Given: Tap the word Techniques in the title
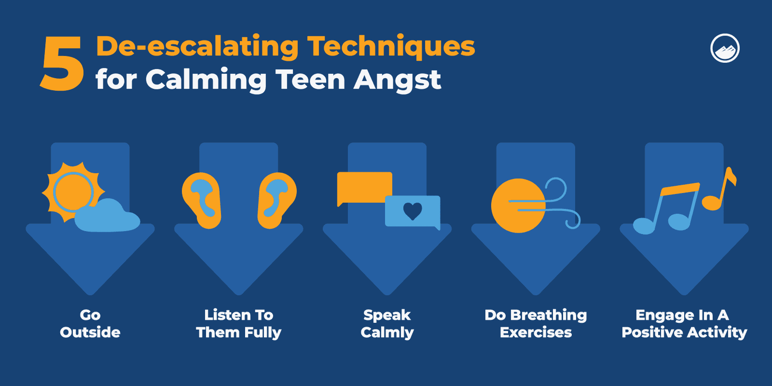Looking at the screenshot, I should [x=391, y=47].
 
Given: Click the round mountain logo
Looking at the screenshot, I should [x=725, y=48].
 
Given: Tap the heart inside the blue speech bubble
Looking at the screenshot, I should [x=413, y=211].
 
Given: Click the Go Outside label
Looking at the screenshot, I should [x=90, y=323].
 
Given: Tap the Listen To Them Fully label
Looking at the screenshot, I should [x=238, y=323].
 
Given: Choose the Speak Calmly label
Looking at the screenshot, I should [x=387, y=323].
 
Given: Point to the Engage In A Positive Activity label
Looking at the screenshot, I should [x=684, y=323].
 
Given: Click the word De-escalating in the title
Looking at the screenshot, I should [x=197, y=47].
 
